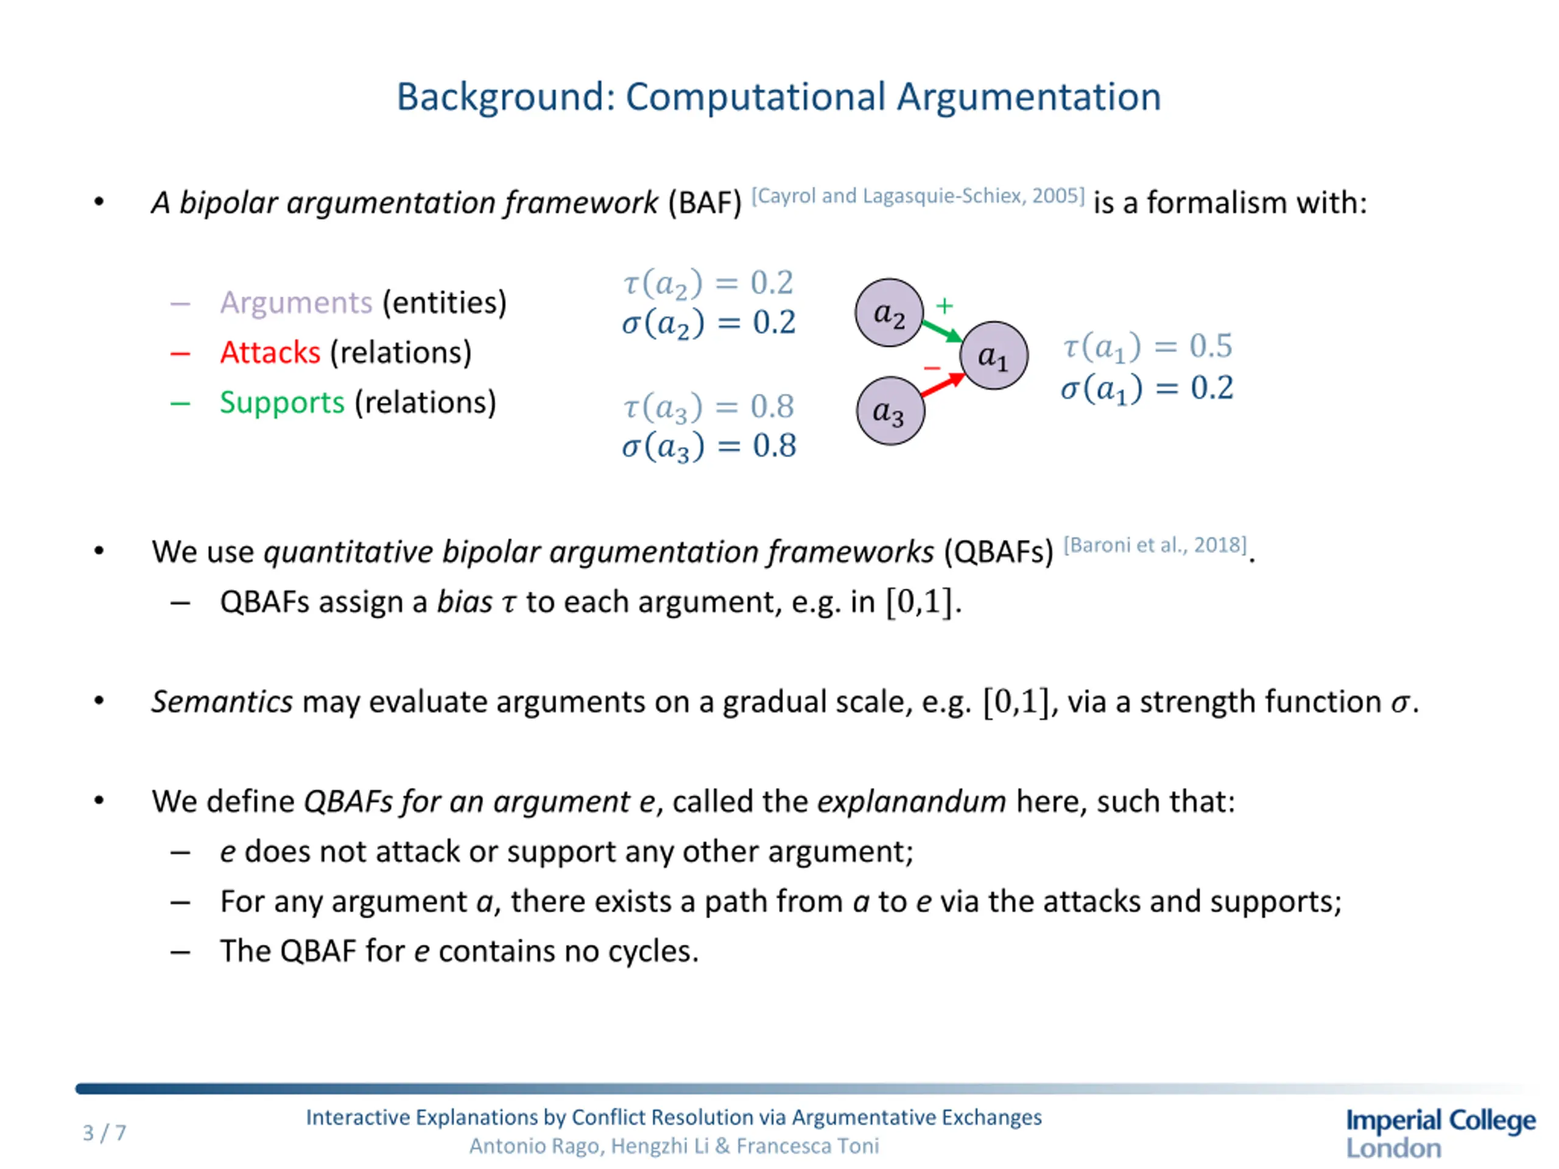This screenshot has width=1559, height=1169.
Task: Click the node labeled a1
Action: (993, 355)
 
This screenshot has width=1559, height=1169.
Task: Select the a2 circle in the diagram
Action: (889, 313)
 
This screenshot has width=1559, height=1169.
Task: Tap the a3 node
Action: (890, 411)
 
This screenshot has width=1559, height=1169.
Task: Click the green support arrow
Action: (942, 331)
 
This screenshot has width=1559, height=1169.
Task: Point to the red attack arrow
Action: (942, 385)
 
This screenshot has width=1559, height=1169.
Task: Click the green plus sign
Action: (945, 305)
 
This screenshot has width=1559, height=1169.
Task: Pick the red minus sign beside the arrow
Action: (932, 368)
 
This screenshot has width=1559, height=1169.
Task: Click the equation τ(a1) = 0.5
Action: (1147, 346)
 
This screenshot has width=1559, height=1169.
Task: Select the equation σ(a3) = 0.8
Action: (708, 447)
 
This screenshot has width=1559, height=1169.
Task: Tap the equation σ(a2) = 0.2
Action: (708, 323)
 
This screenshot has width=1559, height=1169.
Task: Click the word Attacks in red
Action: (270, 353)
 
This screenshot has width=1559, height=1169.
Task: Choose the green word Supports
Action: (282, 402)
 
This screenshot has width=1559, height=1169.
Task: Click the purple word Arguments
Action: (295, 302)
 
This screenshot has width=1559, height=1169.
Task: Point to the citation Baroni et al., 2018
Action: (1155, 545)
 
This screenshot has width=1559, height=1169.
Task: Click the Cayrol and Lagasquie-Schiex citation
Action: (918, 196)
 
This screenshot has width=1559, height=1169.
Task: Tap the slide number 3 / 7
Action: (104, 1132)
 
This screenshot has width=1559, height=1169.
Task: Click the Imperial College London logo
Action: (1440, 1132)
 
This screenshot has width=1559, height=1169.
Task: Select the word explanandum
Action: (911, 802)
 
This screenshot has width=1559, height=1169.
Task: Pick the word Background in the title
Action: (505, 97)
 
